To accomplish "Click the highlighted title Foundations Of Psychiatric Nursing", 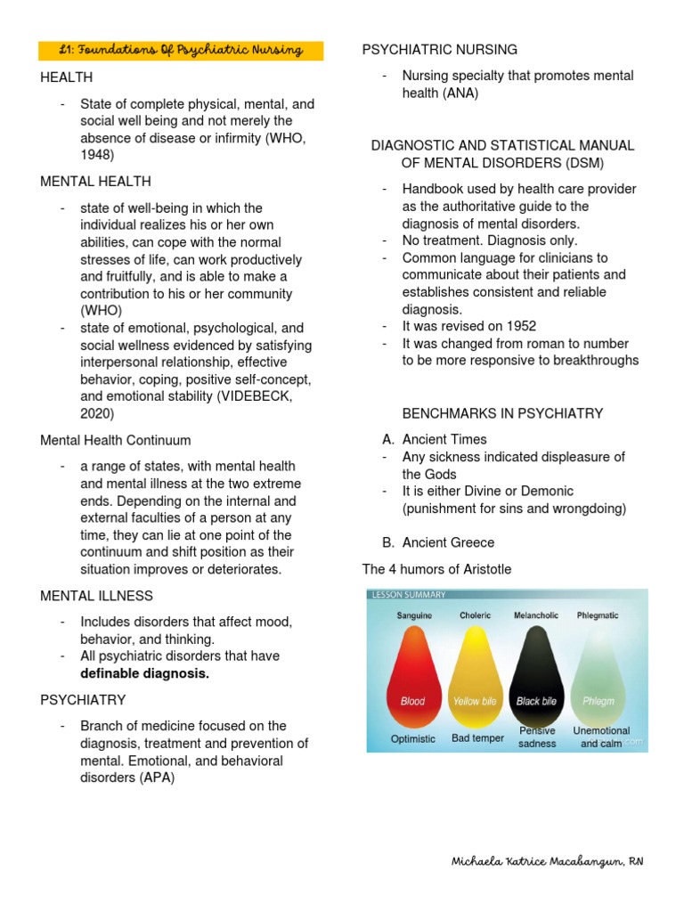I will tap(182, 51).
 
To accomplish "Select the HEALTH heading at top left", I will tap(66, 78).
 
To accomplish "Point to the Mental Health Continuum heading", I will tap(115, 440).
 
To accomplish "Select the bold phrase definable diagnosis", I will tap(144, 673).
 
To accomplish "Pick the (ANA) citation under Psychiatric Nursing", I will tap(460, 94).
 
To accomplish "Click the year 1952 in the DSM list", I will tap(520, 326).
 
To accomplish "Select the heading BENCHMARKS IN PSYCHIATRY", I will tap(502, 413).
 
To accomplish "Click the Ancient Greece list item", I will tap(448, 542).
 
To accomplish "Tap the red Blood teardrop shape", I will tap(412, 677).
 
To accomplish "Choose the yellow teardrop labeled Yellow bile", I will tap(475, 677).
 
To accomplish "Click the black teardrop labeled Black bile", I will tap(536, 677).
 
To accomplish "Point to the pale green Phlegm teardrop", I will tap(598, 677).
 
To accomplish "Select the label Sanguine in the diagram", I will tap(414, 615).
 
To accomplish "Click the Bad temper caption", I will tap(477, 738).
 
